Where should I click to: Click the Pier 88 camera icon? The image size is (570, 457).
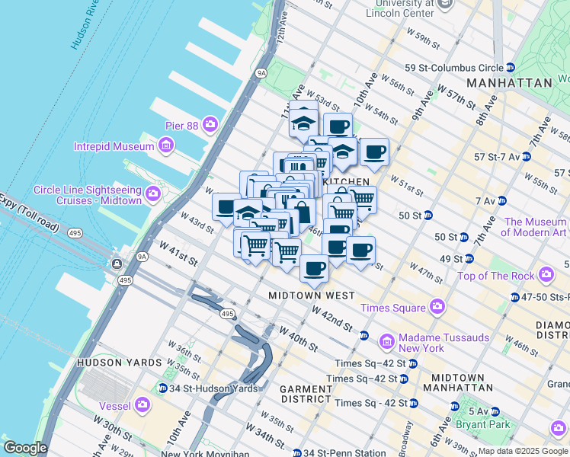click(x=210, y=124)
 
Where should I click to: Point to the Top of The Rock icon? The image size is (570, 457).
click(x=546, y=274)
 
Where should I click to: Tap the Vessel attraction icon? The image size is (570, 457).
click(x=142, y=405)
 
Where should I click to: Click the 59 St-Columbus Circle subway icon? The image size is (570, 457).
click(x=511, y=68)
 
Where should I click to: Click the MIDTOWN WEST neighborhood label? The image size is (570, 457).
click(x=311, y=295)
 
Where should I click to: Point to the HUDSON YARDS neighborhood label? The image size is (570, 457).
click(x=119, y=363)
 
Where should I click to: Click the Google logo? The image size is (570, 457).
click(x=25, y=448)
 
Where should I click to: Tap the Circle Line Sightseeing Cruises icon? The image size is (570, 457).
click(x=153, y=194)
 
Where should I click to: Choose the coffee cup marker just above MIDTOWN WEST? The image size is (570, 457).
click(x=314, y=267)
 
